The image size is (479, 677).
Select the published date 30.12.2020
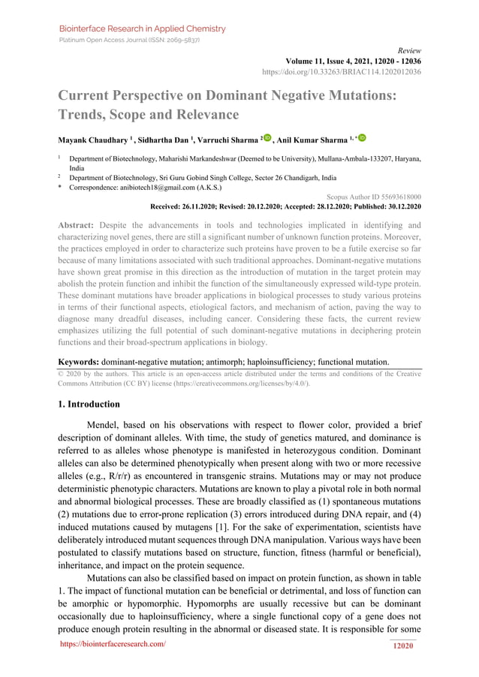[x=402, y=206]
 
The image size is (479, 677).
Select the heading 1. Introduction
[x=94, y=404]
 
